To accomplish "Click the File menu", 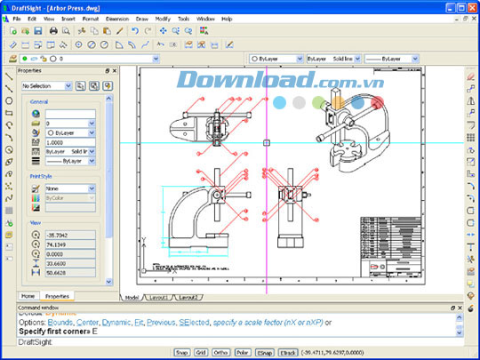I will [17, 18].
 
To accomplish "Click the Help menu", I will [227, 18].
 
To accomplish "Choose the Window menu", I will [205, 18].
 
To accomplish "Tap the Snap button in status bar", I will [182, 353].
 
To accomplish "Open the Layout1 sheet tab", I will [159, 297].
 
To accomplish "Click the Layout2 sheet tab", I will [188, 297].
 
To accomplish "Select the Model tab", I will [132, 297].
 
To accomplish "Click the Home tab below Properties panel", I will [28, 296].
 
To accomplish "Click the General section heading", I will [39, 102].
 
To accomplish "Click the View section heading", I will [35, 222].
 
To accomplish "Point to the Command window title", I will [40, 307].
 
